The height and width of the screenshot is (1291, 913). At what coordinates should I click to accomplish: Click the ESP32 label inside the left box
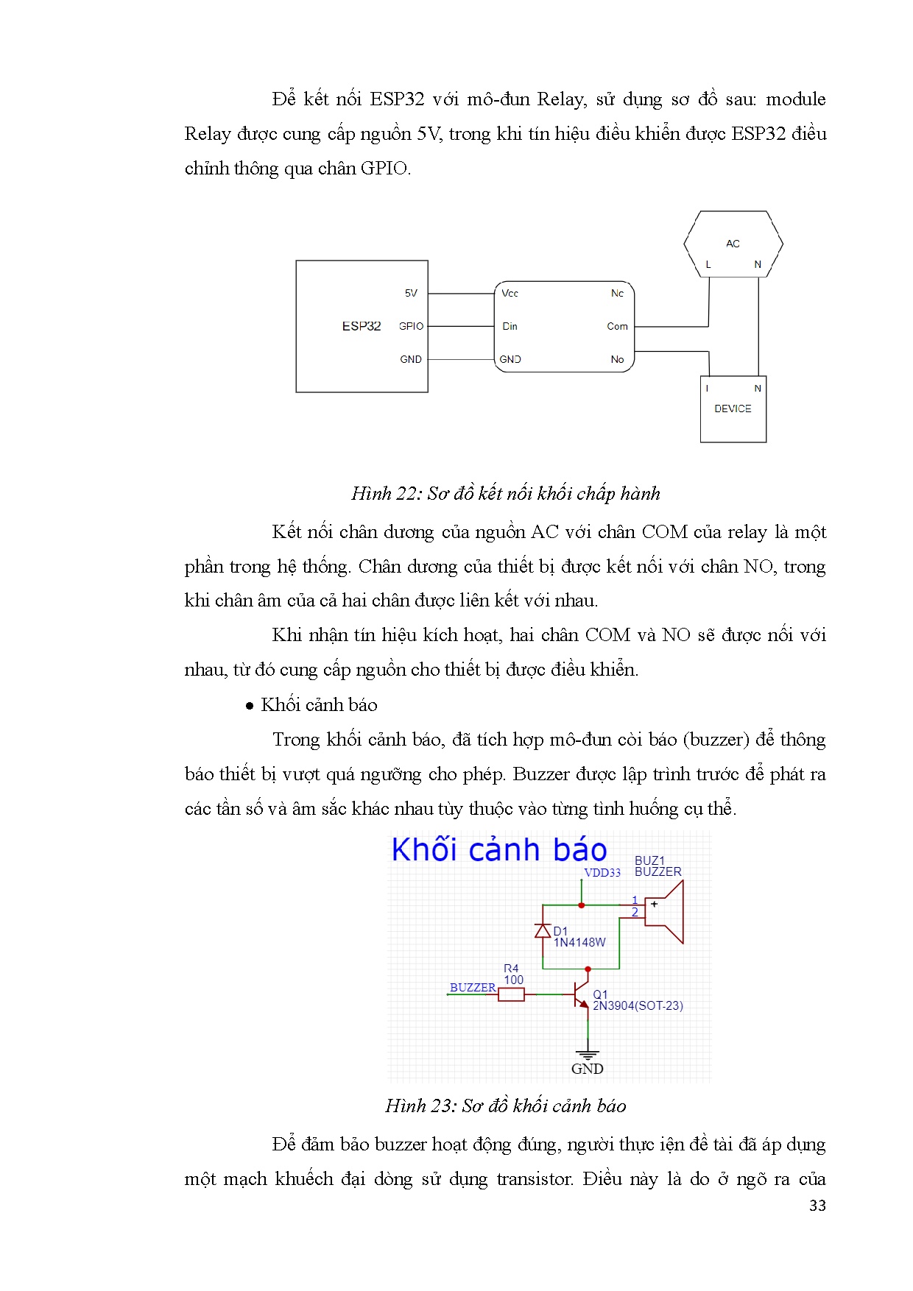[x=362, y=326]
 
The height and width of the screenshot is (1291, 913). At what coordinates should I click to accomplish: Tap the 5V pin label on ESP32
[x=411, y=293]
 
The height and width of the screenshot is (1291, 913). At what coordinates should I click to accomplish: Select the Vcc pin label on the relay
[x=510, y=293]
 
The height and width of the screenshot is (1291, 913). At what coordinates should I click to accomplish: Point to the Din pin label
[x=510, y=326]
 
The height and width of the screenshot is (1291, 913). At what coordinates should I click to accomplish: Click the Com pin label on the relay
[x=617, y=326]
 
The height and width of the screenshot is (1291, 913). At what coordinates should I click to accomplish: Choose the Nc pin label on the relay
[x=617, y=293]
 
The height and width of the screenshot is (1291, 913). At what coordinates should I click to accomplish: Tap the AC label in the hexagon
[x=733, y=244]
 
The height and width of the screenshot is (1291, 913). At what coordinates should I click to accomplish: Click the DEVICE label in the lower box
[x=733, y=408]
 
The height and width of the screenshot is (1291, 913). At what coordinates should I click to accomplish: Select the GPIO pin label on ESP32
[x=411, y=326]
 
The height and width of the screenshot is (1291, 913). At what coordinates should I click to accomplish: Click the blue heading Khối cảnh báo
[x=499, y=850]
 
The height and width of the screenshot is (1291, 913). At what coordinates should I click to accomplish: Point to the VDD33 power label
[x=602, y=873]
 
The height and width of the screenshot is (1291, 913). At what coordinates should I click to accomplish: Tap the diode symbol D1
[x=543, y=930]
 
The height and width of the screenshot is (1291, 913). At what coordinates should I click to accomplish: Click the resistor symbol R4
[x=511, y=995]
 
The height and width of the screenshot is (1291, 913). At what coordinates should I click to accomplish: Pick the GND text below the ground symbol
[x=587, y=1069]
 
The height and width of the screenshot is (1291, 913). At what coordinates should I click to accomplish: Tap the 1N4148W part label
[x=579, y=942]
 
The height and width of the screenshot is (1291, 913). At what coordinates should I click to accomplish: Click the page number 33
[x=817, y=1206]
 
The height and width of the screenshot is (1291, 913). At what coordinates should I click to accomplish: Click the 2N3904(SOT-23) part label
[x=638, y=1005]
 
